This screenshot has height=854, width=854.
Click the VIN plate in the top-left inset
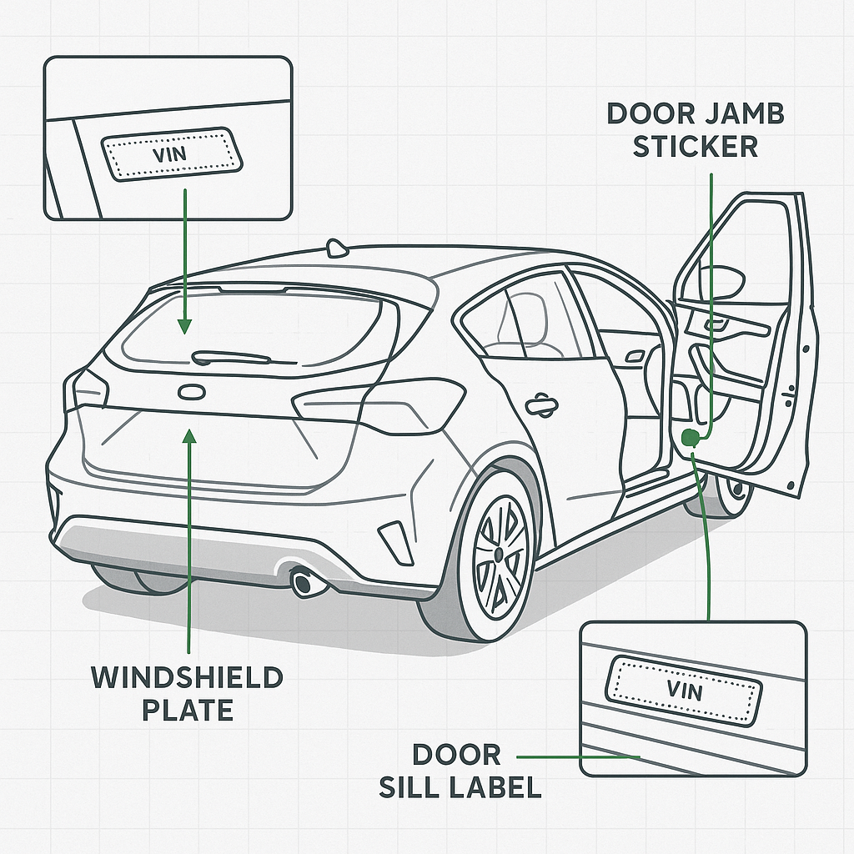[172, 153]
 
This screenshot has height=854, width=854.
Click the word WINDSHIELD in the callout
[187, 677]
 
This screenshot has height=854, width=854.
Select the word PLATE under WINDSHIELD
[187, 711]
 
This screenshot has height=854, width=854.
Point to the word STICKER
[695, 147]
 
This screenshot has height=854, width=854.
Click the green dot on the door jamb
[689, 437]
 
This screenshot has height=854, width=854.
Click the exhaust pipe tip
[305, 582]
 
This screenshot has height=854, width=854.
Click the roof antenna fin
[337, 248]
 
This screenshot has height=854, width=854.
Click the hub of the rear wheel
[498, 554]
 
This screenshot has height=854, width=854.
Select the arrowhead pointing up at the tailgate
[191, 436]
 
